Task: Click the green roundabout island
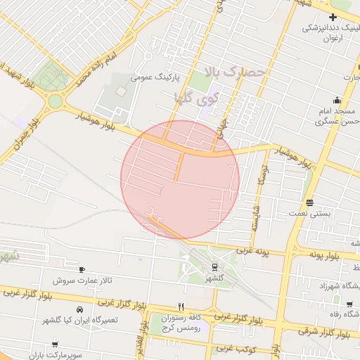54,101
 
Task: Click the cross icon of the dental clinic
333,16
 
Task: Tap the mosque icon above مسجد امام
337,99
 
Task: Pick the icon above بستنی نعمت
310,202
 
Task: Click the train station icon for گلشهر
214,266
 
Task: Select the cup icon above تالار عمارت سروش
82,270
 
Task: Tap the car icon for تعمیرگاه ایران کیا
79,309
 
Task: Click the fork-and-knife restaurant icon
181,307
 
